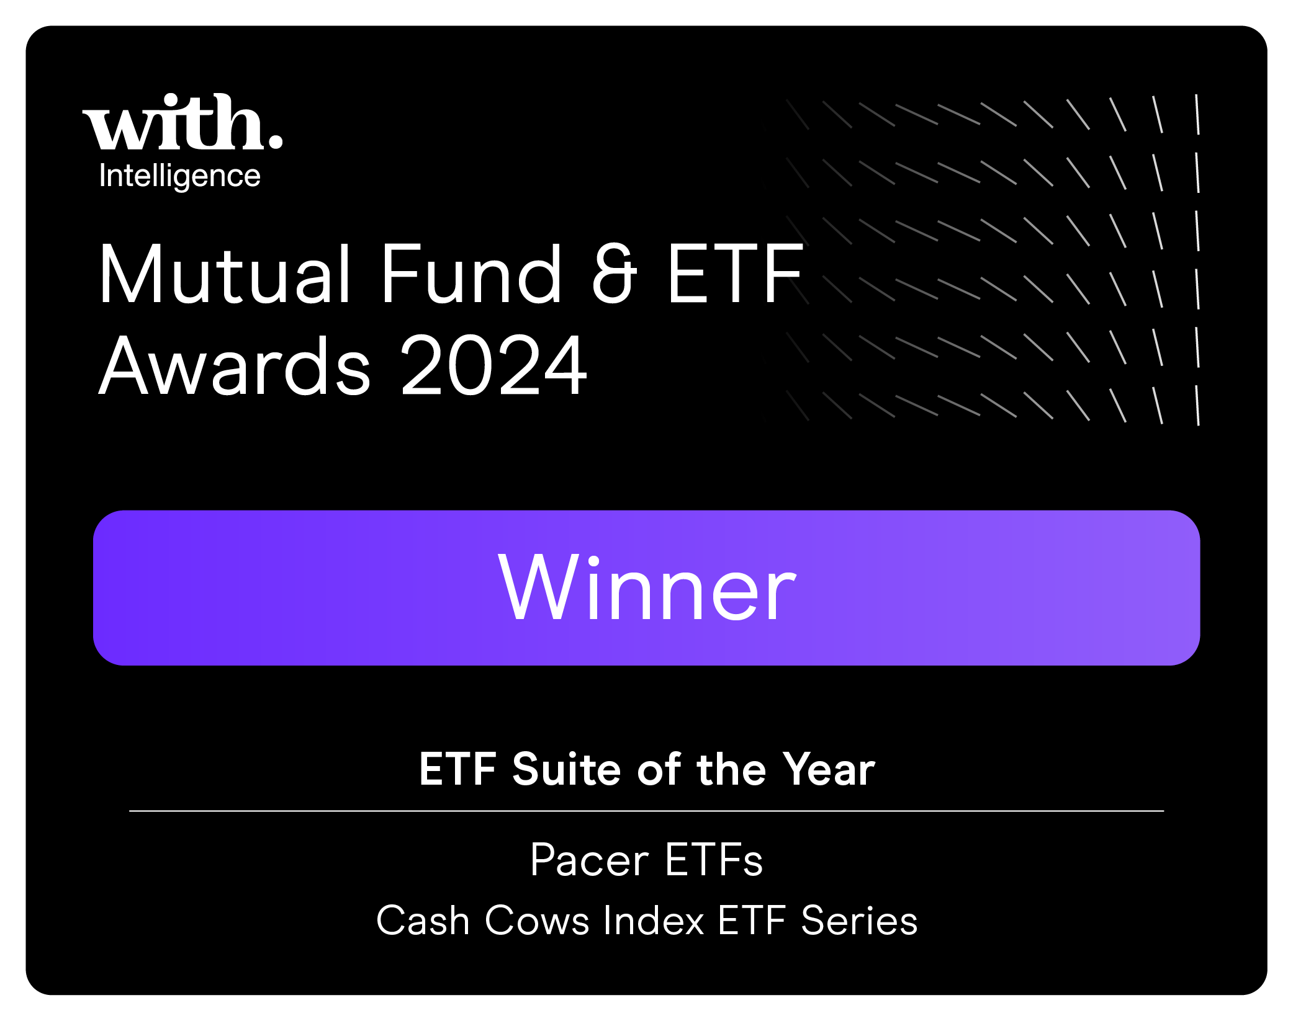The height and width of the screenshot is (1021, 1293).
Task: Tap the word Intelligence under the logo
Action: pyautogui.click(x=179, y=176)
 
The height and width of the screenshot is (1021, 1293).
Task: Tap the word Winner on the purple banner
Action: pyautogui.click(x=647, y=587)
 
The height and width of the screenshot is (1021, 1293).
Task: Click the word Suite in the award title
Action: pyautogui.click(x=566, y=769)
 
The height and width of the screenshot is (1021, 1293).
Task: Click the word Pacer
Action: pyautogui.click(x=589, y=860)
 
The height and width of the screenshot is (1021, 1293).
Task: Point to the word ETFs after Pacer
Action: pyautogui.click(x=714, y=860)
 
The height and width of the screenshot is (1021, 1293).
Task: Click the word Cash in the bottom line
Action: pyautogui.click(x=423, y=920)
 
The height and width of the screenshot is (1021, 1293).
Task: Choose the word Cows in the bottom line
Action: pyautogui.click(x=537, y=920)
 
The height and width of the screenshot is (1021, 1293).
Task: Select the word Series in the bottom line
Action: pyautogui.click(x=859, y=920)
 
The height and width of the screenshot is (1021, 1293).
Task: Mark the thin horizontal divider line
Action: pyautogui.click(x=646, y=811)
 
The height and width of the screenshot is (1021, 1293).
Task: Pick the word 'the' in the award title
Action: pyautogui.click(x=731, y=769)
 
